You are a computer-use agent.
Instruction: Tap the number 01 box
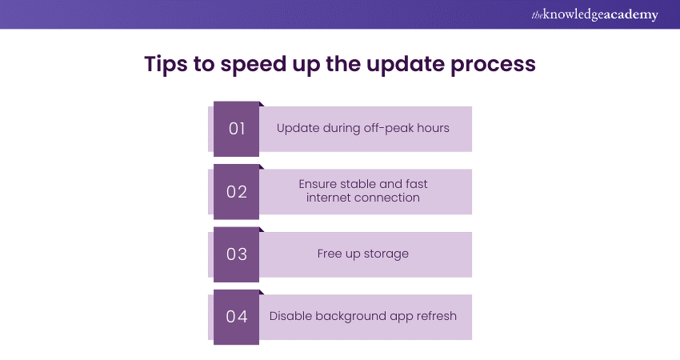point(237,128)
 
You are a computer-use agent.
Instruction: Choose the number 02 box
point(237,191)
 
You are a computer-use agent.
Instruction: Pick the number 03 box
point(237,254)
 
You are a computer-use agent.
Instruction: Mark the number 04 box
point(237,317)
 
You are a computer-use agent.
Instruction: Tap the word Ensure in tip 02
point(318,184)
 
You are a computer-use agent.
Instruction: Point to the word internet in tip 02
point(329,198)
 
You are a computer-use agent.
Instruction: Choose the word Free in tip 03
point(330,254)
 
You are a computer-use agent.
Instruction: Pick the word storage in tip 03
point(386,254)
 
